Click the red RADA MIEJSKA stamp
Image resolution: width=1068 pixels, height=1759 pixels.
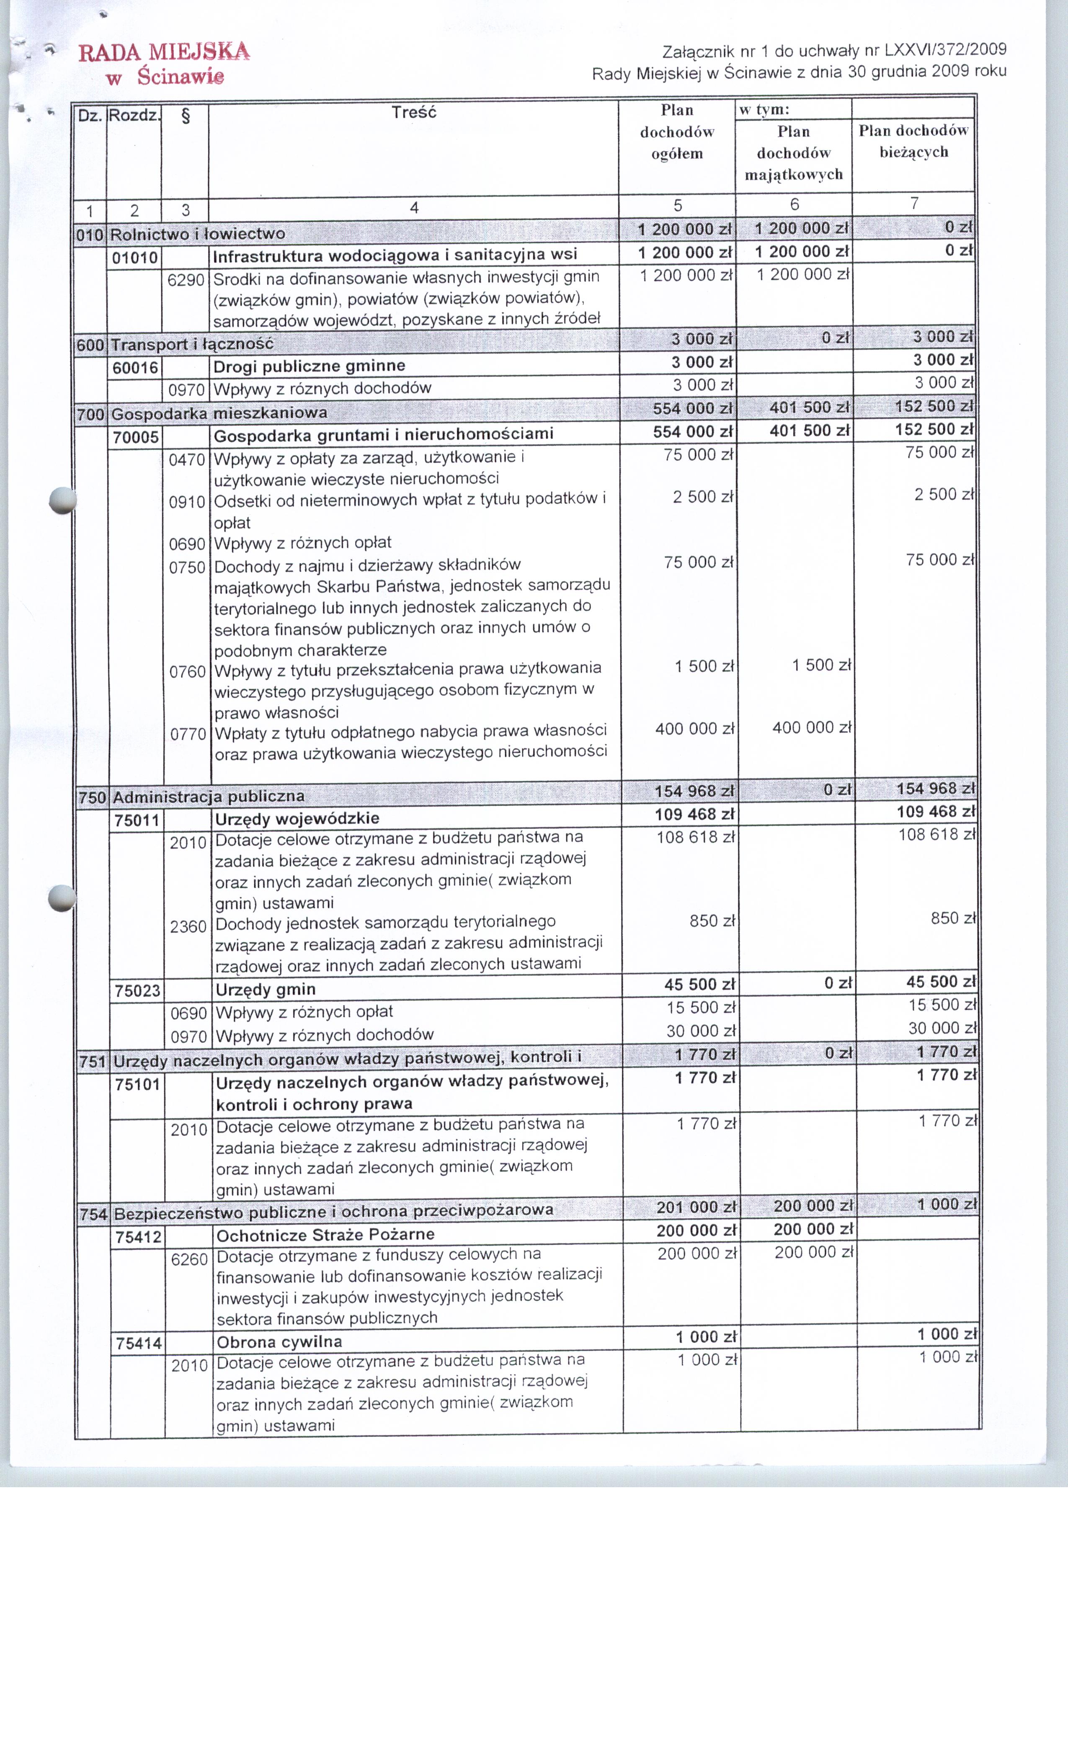(164, 63)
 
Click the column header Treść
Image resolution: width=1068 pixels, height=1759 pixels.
(413, 113)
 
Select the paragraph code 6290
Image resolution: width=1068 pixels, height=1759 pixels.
(186, 280)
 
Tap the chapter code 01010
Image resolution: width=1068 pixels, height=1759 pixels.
(135, 257)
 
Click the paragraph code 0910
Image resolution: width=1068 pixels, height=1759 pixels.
(187, 502)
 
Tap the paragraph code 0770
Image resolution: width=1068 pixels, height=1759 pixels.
(188, 734)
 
